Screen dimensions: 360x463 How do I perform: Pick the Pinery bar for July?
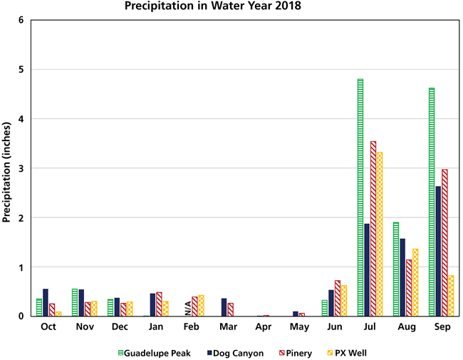click(x=374, y=228)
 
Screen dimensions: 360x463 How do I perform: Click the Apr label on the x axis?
click(x=263, y=326)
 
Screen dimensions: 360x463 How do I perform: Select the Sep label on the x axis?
click(x=442, y=326)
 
